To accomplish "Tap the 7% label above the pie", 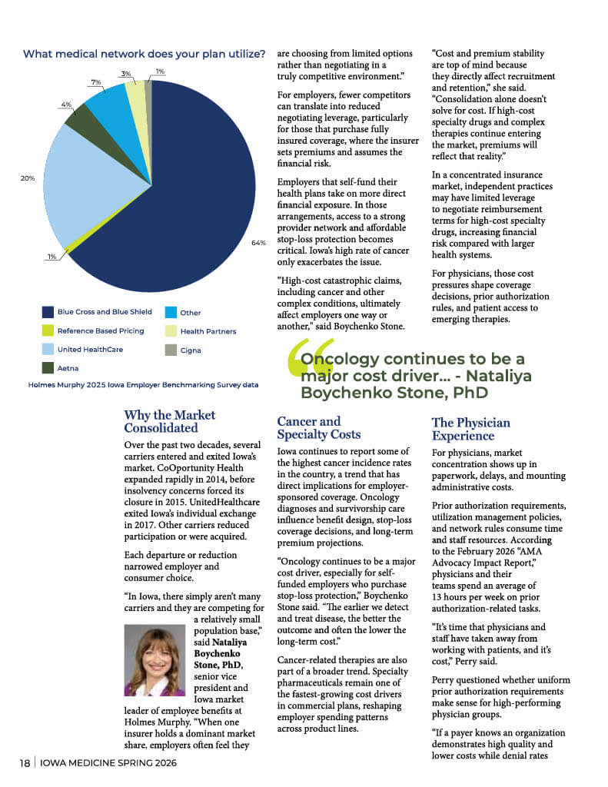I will click(x=96, y=81).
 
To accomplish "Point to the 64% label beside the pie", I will click(x=257, y=243).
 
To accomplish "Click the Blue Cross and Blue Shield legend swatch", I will click(x=48, y=312).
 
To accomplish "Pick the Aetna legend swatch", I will click(x=48, y=368).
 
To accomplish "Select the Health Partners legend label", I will click(x=208, y=331).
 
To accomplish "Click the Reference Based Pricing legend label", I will click(x=100, y=331).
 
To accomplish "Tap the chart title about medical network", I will click(x=145, y=54).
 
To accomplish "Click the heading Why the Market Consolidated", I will click(x=169, y=421).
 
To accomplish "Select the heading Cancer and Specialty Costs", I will click(x=308, y=428).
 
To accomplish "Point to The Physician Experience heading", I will click(x=470, y=429).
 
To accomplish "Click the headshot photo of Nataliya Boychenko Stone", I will click(x=154, y=660).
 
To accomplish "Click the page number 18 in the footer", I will click(x=25, y=763).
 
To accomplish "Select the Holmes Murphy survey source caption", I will click(x=143, y=384).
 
